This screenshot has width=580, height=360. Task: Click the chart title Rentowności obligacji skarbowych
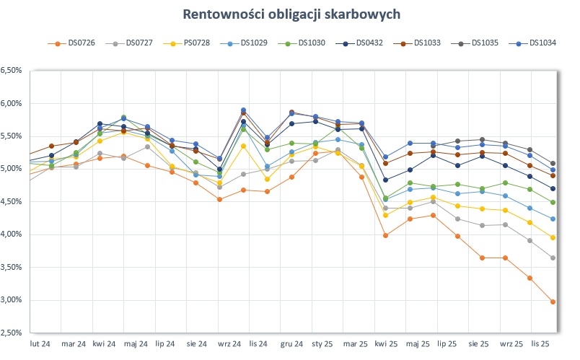pos(291,14)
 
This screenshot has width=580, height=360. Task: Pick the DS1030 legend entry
pos(312,43)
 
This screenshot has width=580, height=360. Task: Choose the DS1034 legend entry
pos(542,43)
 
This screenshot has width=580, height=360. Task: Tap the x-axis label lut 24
pos(40,343)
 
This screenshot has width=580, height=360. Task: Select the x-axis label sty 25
pos(322,343)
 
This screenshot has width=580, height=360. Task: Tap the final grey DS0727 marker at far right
pos(553,258)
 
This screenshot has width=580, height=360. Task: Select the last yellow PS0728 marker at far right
pos(553,238)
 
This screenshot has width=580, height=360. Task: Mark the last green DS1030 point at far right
pos(553,203)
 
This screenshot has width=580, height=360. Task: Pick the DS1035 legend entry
pos(485,43)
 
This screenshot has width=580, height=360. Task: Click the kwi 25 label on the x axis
pos(386,343)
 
